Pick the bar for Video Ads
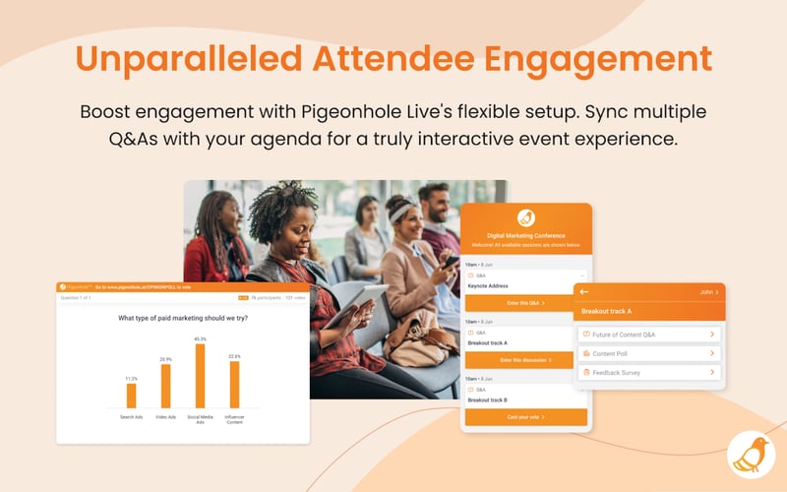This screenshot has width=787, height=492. coord(165,386)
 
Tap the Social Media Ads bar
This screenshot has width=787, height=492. coord(200,375)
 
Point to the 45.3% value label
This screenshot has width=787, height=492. coord(200,338)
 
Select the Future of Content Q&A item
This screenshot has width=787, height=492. coord(649,335)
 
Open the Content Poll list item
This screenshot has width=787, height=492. coord(649,353)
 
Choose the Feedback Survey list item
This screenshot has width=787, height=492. coord(649,373)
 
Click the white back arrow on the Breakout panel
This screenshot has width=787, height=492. coord(584,292)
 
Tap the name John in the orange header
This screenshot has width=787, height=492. coord(704,292)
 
